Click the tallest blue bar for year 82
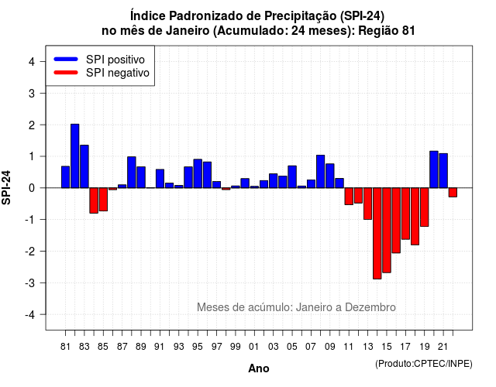coord(75,156)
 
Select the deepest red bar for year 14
coord(377,234)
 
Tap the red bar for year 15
coord(387,231)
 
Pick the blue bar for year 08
coord(320,172)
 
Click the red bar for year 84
coord(94,200)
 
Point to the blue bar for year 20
coord(434,170)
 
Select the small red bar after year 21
coord(453,193)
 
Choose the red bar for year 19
coord(425,207)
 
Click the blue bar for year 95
coord(198,173)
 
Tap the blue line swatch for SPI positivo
coord(66,59)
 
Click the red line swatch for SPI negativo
coord(66,72)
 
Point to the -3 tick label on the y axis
coord(30,283)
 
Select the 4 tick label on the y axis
coord(32,62)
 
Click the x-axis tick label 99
coord(236,347)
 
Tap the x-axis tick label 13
coord(368,347)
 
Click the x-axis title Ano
coord(259,368)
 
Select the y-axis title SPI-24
coord(6,187)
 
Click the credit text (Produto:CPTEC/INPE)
coord(424,364)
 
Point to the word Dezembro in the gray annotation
coord(370,307)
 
